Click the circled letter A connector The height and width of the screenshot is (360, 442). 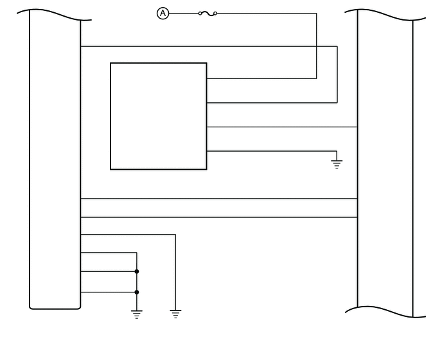click(163, 13)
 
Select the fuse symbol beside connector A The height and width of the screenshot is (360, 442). click(208, 13)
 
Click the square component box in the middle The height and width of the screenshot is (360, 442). click(158, 116)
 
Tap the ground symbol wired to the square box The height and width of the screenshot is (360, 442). click(337, 163)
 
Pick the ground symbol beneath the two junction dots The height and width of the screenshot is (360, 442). click(136, 314)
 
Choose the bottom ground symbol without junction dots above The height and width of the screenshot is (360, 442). click(175, 314)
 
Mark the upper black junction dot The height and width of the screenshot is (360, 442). click(137, 271)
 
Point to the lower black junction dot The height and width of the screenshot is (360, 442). click(137, 292)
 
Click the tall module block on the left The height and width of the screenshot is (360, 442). click(55, 161)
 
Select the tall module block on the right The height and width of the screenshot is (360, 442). click(384, 161)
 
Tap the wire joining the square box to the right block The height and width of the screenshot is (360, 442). click(283, 127)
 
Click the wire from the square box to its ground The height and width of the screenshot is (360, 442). click(270, 151)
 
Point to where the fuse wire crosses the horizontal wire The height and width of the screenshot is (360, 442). click(317, 46)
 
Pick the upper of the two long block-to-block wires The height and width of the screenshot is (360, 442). click(218, 199)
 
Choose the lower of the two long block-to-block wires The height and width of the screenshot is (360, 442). click(218, 217)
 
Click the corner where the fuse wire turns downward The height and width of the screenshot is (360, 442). click(317, 13)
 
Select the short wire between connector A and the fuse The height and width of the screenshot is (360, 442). click(184, 13)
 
